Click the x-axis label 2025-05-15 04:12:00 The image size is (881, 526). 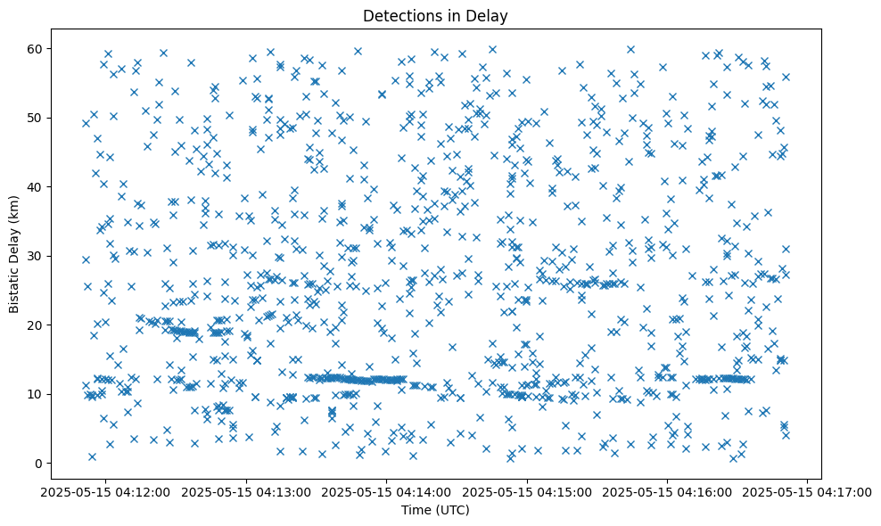pos(105,491)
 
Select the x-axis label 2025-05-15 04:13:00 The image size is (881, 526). pos(246,491)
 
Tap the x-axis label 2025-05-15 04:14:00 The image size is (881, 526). pos(387,491)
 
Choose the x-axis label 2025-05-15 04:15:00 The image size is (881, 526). pos(527,491)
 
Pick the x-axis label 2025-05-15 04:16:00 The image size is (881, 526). pos(668,491)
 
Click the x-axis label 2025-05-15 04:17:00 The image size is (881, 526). pos(808,491)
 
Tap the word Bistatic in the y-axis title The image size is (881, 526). pos(14,289)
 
